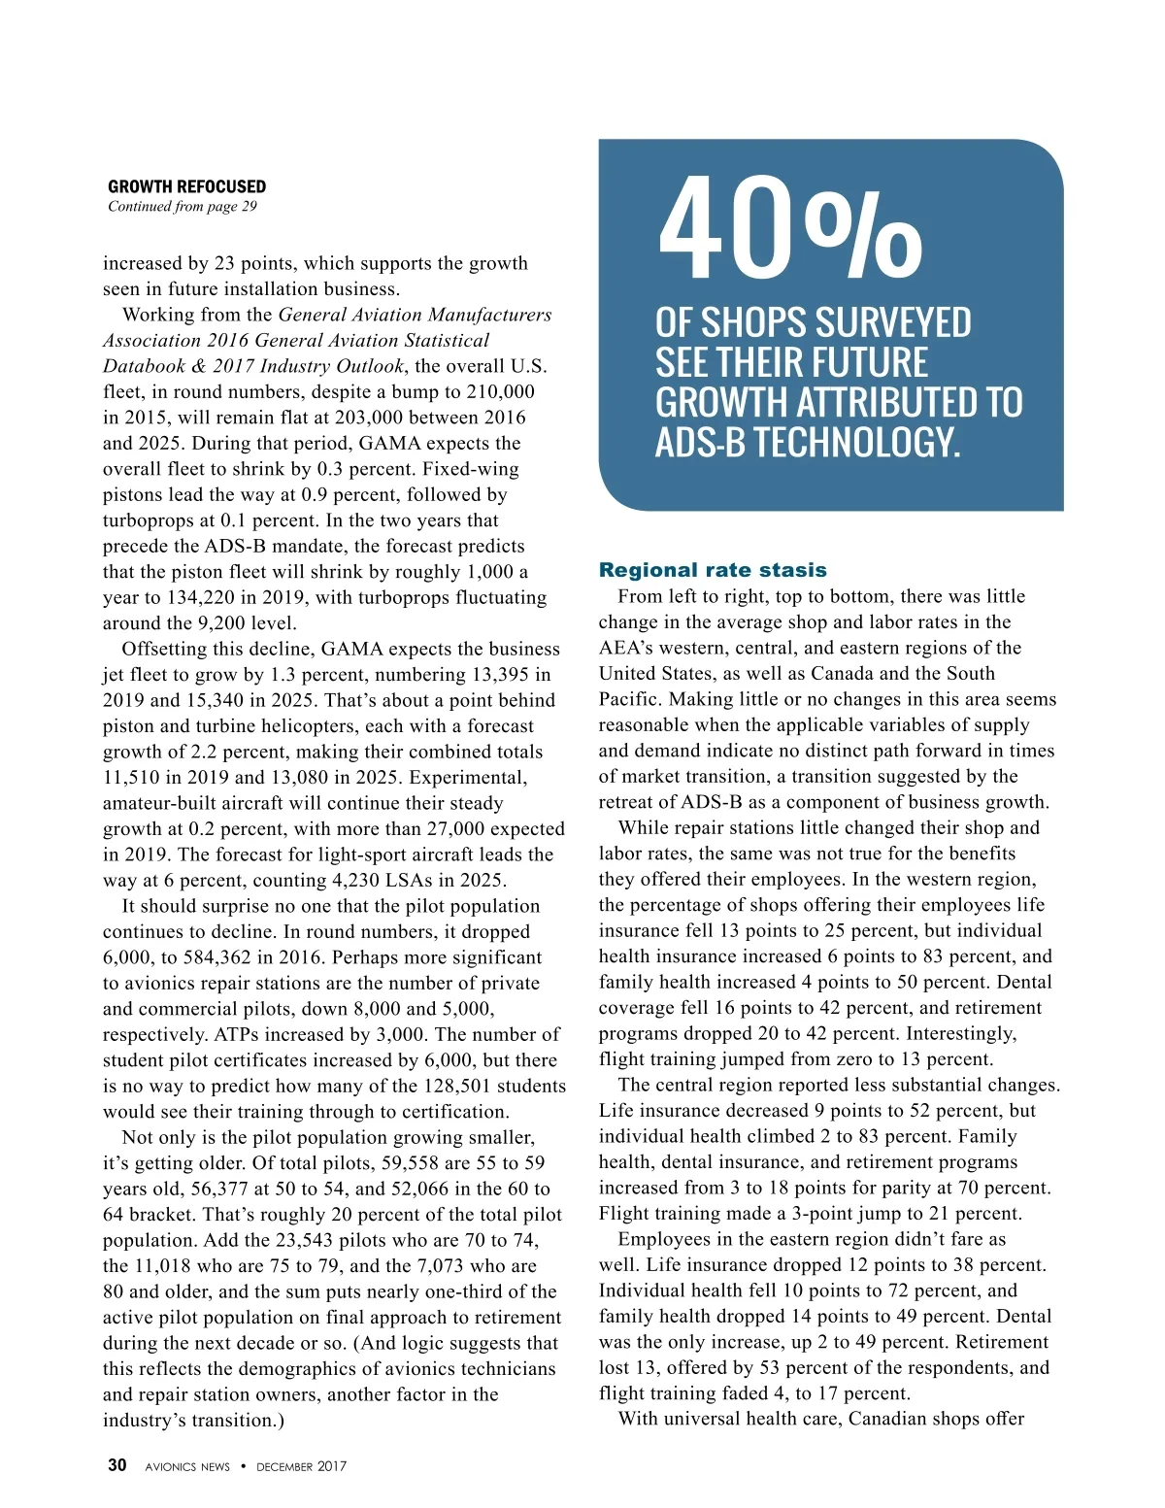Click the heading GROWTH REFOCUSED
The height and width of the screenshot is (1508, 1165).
click(186, 186)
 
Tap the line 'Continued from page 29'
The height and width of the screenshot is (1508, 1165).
click(183, 206)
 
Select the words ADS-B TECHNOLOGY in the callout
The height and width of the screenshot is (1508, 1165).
click(808, 443)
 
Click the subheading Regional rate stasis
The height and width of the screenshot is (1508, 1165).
click(713, 570)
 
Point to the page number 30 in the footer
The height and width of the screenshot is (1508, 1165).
click(116, 1465)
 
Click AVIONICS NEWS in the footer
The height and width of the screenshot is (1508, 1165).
click(187, 1466)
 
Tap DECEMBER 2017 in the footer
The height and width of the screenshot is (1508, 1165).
click(301, 1466)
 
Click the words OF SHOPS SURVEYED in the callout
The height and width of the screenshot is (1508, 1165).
click(813, 323)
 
